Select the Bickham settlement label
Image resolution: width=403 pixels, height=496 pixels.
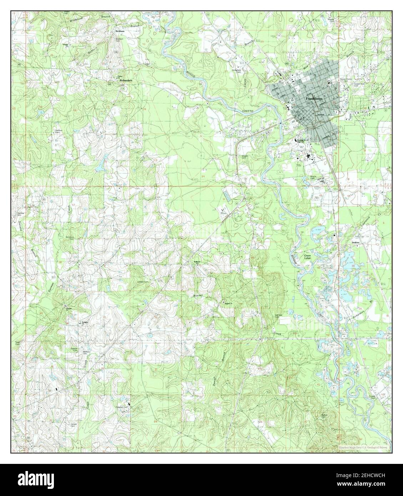pyautogui.click(x=119, y=31)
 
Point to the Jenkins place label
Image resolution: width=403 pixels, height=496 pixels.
pyautogui.click(x=355, y=243)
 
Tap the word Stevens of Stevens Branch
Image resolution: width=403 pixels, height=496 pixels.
pyautogui.click(x=20, y=226)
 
